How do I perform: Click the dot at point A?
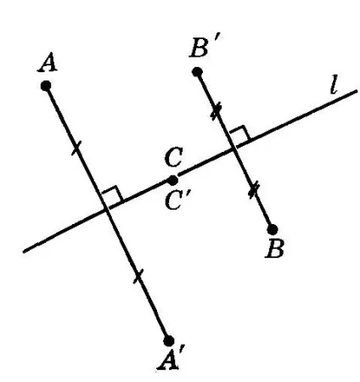tap(46, 86)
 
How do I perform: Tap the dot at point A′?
tap(169, 340)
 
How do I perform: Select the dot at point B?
tap(273, 229)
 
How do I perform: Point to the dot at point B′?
tap(197, 72)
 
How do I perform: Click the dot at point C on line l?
tap(172, 180)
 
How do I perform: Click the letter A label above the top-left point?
tap(48, 64)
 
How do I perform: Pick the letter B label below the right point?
tap(274, 250)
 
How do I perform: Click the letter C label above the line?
tap(173, 157)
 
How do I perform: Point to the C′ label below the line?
tap(176, 201)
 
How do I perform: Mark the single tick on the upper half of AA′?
tap(76, 149)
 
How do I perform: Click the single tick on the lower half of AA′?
tap(138, 276)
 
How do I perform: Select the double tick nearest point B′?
tap(217, 112)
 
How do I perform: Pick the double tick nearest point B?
tap(254, 191)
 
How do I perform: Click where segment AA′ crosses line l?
tap(106, 210)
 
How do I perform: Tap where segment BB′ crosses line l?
tap(234, 149)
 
